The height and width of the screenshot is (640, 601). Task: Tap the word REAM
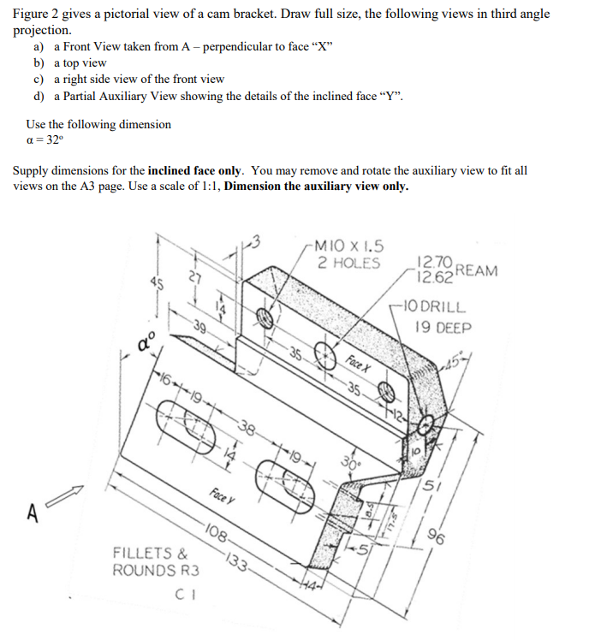pyautogui.click(x=477, y=270)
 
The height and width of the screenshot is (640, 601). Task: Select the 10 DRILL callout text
pyautogui.click(x=439, y=306)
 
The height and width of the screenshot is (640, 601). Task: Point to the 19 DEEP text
pyautogui.click(x=442, y=326)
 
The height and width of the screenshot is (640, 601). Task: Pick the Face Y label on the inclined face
pyautogui.click(x=221, y=494)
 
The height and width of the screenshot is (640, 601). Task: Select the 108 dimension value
pyautogui.click(x=217, y=538)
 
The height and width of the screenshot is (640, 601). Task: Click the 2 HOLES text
pyautogui.click(x=348, y=263)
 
